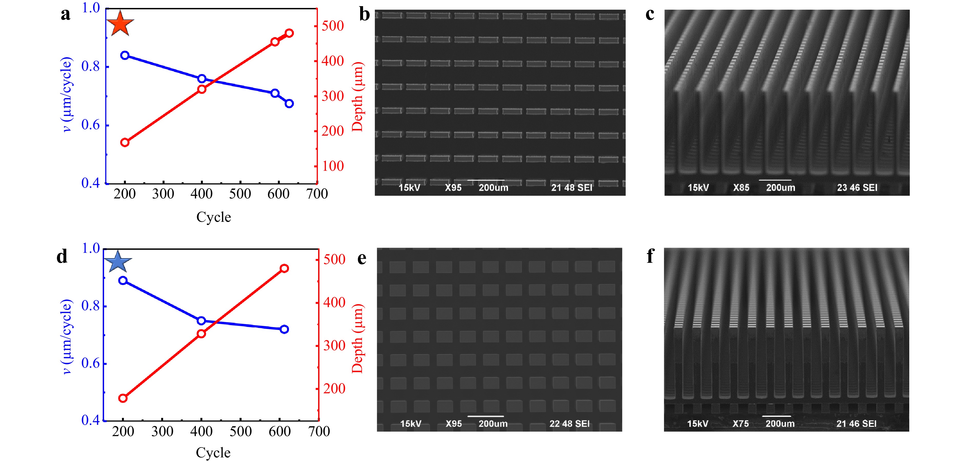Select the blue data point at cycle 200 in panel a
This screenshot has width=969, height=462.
coord(125,55)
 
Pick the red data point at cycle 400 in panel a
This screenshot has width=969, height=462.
coord(202,89)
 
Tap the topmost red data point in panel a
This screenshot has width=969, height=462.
coord(289,33)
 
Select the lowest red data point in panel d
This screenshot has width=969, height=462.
coord(123,398)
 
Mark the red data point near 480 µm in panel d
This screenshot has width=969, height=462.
coord(284,268)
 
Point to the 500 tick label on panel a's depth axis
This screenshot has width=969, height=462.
coord(332,26)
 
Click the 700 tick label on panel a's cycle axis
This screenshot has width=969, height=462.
coord(317,194)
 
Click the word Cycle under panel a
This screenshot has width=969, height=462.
coord(214,217)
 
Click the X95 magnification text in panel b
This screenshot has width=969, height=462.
coord(453,187)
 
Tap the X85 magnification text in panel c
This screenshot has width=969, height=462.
coord(741,187)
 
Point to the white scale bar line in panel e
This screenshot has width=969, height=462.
coord(486,416)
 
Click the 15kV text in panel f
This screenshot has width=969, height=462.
coord(698,424)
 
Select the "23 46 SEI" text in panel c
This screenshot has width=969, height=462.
coord(857,187)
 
